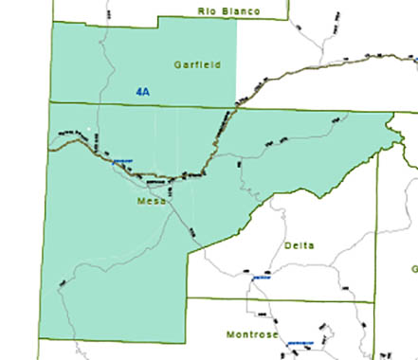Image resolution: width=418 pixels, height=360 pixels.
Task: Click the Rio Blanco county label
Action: pos(228,10)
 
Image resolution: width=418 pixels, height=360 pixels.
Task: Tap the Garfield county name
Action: pos(197,65)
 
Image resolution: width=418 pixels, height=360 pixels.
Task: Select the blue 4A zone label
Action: pos(143,92)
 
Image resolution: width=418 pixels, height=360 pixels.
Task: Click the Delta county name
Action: pos(299,245)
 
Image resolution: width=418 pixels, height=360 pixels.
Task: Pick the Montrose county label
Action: pos(251,335)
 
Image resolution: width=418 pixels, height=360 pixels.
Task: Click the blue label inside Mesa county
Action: pos(120,162)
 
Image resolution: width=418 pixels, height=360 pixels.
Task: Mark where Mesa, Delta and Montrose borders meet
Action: pos(187,298)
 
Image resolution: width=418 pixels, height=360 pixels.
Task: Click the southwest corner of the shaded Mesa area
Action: pos(39,336)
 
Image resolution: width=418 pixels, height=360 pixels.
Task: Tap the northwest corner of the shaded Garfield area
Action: pos(53,22)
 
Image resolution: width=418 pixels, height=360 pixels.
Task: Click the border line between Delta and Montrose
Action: pos(284,300)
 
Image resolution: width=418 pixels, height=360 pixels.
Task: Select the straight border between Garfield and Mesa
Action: pos(142,103)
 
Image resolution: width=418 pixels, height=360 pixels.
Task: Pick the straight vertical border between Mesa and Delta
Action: pos(187,275)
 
